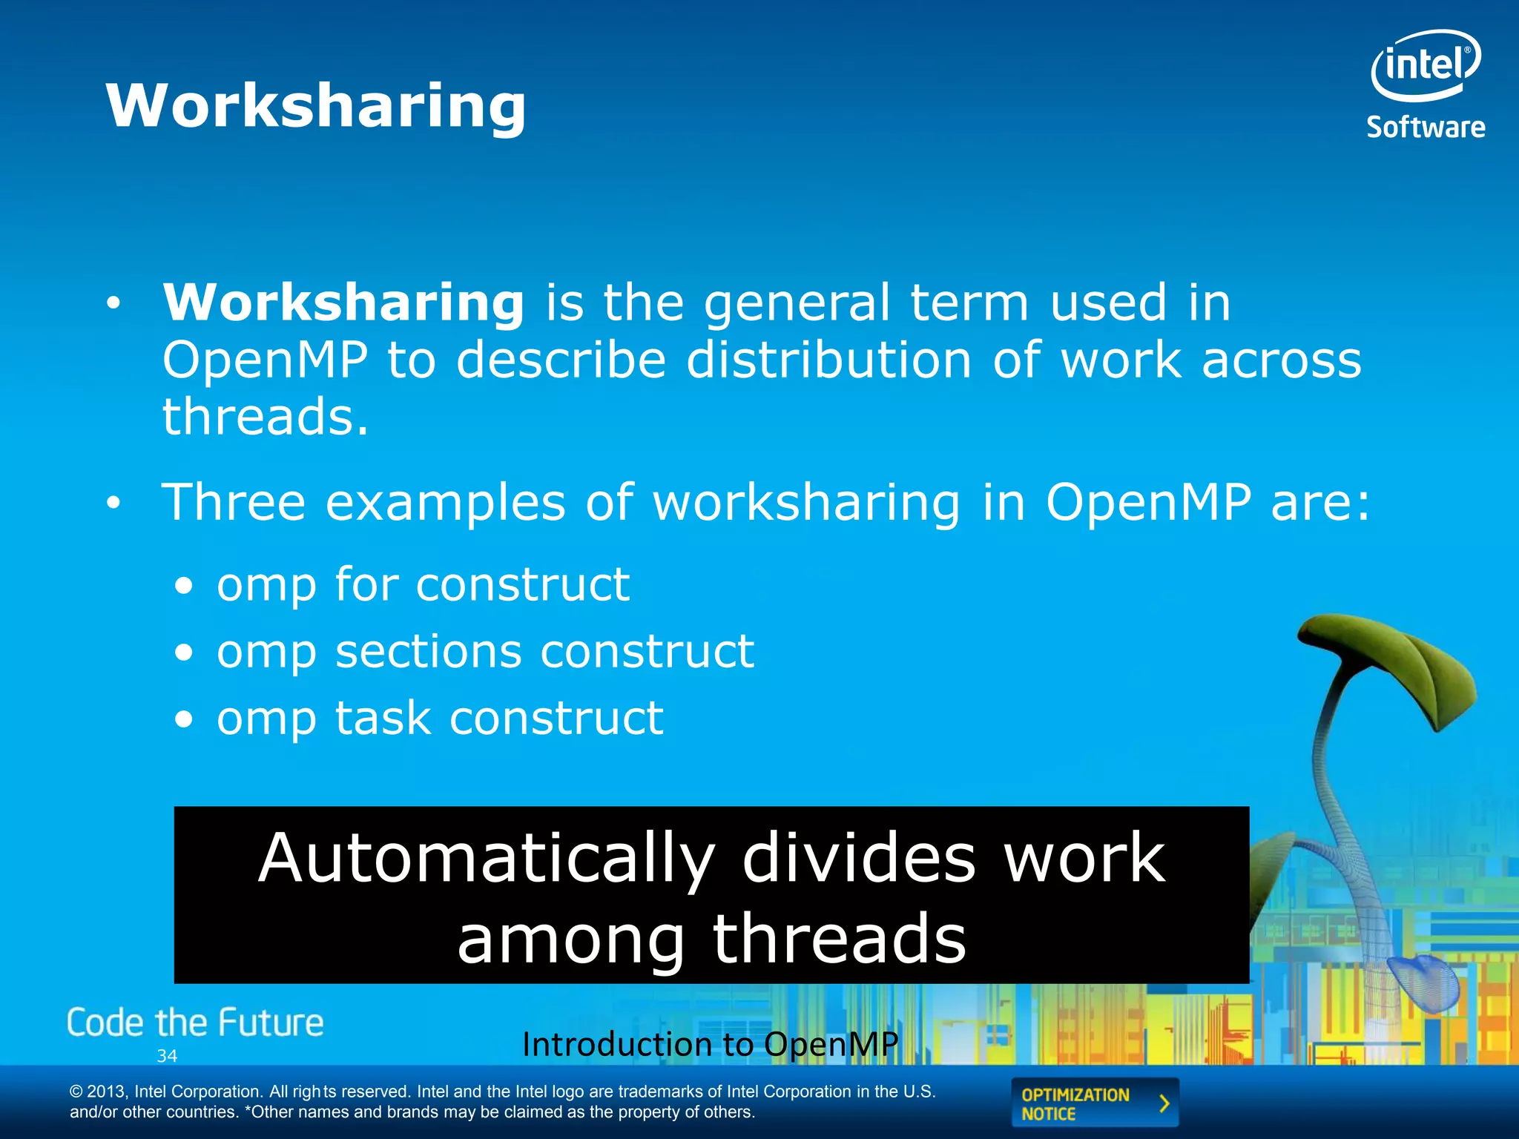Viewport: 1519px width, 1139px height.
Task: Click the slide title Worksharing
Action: (x=316, y=106)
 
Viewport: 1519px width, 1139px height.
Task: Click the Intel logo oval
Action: (x=1425, y=65)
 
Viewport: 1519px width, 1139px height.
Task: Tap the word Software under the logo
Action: (x=1426, y=128)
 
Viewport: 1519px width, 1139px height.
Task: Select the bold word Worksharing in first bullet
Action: (x=343, y=303)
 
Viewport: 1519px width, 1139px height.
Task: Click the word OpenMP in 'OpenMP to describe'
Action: (x=265, y=360)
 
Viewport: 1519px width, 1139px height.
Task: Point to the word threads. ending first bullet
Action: (x=265, y=417)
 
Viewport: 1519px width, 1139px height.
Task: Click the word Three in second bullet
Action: (x=234, y=503)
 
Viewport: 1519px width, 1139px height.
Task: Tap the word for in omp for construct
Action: (x=366, y=584)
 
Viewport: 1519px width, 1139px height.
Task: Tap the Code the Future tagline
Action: (x=195, y=1023)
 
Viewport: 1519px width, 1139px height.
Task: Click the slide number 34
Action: (x=167, y=1056)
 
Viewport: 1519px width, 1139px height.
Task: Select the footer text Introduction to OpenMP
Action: (x=710, y=1044)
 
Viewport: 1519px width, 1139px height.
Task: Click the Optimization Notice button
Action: (x=1094, y=1103)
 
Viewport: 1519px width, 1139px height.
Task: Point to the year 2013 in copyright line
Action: (x=107, y=1092)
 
